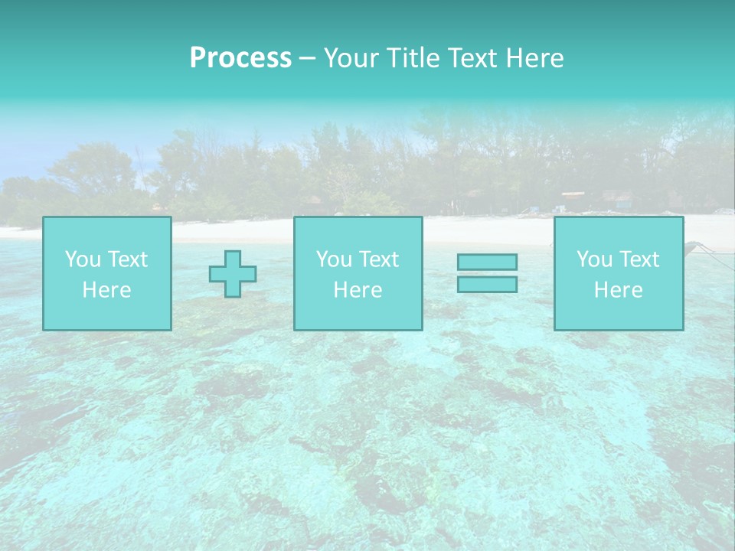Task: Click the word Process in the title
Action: [x=240, y=58]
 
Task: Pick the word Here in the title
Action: [x=536, y=58]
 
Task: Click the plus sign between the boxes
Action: [x=233, y=274]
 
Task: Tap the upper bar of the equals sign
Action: [x=487, y=262]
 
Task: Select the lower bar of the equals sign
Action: [x=487, y=285]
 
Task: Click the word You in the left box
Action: [x=82, y=259]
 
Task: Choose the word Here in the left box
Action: [x=106, y=290]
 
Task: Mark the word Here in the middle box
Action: [x=358, y=290]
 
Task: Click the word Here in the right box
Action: [x=618, y=290]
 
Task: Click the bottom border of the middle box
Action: [x=358, y=330]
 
